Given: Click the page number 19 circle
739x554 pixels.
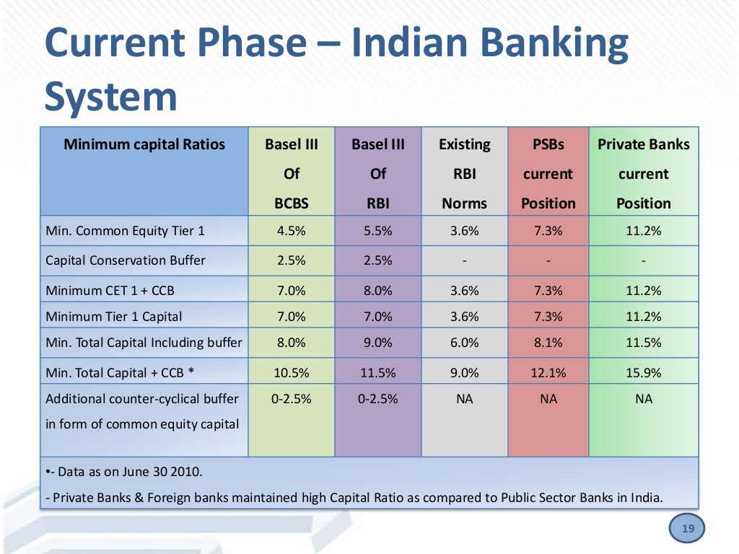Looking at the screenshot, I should coord(688,529).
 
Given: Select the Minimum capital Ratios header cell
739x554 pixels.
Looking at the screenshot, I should coord(144,144).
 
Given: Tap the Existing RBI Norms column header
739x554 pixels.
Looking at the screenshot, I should coord(464,173).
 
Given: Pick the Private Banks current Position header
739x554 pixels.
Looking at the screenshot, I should coord(643,173).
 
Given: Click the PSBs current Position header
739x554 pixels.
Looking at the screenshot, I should coord(548,173).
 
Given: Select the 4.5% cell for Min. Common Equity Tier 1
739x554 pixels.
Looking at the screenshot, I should coord(292,231).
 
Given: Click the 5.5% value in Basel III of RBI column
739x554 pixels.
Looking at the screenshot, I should coord(377,231).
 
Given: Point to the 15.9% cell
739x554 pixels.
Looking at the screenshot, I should coord(643,373).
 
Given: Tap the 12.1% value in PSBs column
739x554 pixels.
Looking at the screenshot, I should coord(548,373).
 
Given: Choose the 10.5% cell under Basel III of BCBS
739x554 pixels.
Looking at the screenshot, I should coord(292,373).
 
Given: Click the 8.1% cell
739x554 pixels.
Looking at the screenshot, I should coord(548,343).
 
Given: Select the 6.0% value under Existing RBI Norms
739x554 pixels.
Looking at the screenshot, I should coord(464,343).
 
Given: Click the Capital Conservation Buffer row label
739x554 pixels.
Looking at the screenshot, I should coord(126,260).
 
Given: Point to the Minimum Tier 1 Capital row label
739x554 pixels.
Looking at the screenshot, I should coord(114,316).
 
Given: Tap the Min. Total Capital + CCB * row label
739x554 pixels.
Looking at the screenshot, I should coord(121,373).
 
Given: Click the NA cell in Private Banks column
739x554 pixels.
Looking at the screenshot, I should coord(643,398).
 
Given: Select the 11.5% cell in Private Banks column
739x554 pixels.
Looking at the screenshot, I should coord(643,343).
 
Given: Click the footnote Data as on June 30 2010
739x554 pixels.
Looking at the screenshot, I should coord(126,472).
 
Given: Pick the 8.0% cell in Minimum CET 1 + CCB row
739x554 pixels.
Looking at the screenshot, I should coord(377,291).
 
